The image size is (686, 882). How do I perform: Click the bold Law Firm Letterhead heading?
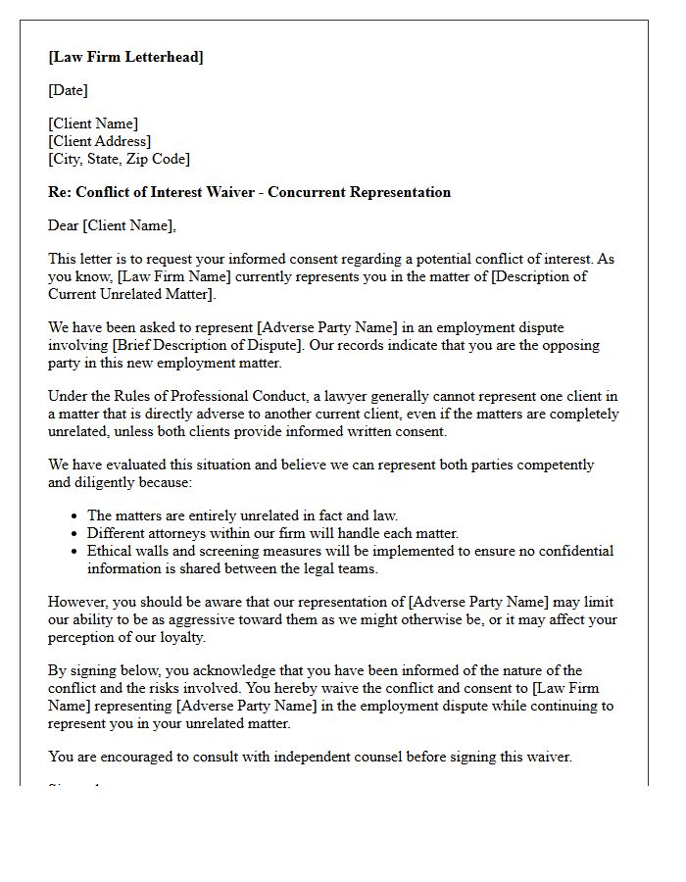coord(125,57)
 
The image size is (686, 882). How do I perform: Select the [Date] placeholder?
coord(68,90)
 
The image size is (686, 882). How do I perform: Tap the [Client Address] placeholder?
coord(99,141)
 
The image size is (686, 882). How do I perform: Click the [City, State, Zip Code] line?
coord(119,159)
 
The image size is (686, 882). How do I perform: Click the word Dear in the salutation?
coord(64,225)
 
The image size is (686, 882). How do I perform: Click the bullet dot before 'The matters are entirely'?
coord(75,516)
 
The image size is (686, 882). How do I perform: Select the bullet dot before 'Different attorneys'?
coord(75,534)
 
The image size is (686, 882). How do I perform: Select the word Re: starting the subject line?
coord(60,192)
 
